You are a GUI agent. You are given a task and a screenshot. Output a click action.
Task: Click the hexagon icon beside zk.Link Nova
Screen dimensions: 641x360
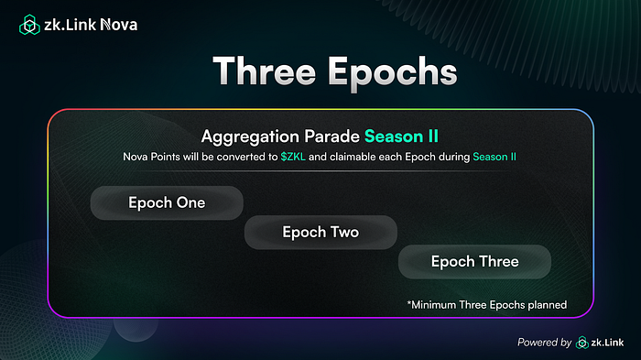click(29, 25)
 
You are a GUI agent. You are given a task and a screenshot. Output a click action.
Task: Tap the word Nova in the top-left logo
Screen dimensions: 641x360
click(119, 25)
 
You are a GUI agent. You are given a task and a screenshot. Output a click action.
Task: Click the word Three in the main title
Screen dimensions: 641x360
click(265, 71)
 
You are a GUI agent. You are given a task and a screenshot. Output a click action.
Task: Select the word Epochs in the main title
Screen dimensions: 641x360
click(393, 73)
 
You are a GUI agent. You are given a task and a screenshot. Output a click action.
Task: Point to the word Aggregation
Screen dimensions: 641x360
click(250, 137)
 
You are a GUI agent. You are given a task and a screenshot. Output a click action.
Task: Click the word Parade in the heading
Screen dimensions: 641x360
click(331, 136)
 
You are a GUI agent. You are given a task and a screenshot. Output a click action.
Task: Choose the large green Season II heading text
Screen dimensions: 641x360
click(401, 136)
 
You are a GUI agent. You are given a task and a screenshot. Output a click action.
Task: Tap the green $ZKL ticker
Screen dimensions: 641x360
click(293, 157)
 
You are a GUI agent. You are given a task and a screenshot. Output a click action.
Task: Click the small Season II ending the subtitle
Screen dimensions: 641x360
click(494, 157)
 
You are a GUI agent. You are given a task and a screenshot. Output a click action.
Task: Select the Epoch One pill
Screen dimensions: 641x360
click(167, 203)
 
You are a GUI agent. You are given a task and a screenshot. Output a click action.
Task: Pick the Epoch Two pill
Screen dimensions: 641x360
click(320, 233)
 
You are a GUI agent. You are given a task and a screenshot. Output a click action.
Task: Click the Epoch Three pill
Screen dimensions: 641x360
click(474, 262)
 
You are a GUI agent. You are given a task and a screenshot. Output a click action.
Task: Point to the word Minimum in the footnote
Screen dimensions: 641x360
click(433, 305)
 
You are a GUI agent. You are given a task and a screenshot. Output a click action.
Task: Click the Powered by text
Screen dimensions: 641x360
click(544, 343)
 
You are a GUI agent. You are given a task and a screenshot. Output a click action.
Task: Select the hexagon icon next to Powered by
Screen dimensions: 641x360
click(582, 343)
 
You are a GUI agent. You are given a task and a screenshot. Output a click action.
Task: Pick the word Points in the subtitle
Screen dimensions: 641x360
click(165, 157)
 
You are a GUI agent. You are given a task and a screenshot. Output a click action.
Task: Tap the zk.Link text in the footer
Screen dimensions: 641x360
click(607, 343)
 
